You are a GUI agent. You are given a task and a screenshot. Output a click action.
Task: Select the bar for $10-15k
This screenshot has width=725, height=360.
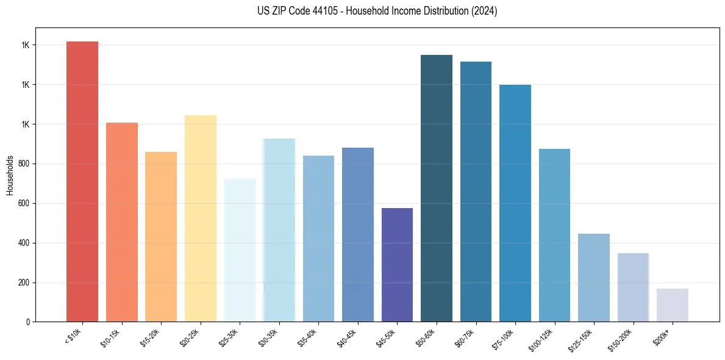click(x=121, y=222)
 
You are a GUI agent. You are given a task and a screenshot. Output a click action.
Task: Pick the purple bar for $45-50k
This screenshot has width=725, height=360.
click(x=397, y=265)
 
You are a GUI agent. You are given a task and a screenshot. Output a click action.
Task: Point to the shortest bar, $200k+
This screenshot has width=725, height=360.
click(x=672, y=305)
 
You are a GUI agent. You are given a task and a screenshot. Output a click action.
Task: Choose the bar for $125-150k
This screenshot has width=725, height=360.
click(x=593, y=278)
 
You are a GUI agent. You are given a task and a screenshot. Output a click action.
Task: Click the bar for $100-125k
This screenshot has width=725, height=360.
click(x=554, y=235)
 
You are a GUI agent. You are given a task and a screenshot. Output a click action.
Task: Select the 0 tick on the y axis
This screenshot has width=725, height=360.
click(x=27, y=322)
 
